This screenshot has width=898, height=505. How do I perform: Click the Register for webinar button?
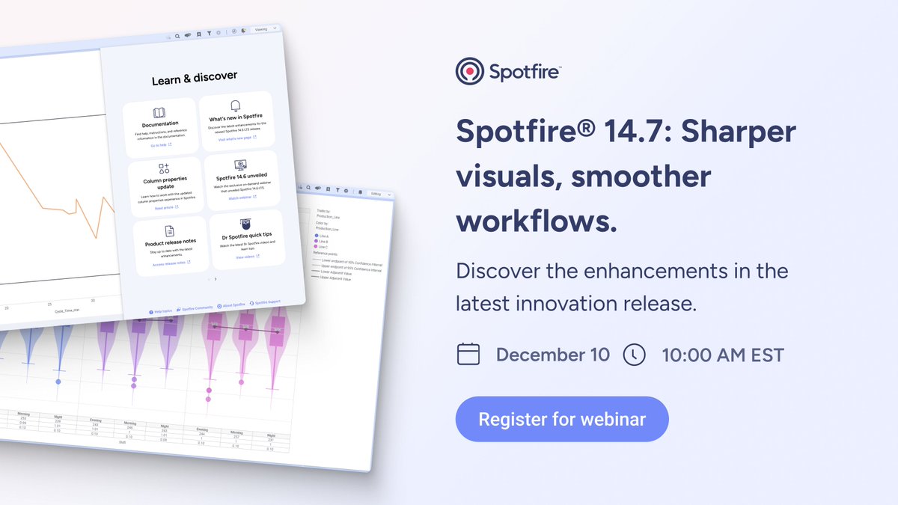coord(562,419)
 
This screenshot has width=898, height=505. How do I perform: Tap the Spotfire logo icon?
coord(469,72)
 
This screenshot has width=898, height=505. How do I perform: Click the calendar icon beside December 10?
coord(468,354)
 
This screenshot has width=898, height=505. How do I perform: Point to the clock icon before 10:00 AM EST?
coord(634,354)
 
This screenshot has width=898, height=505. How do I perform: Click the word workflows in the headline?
coord(537,221)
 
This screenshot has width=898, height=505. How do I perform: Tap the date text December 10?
coord(553,355)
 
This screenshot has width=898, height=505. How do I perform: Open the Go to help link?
coord(159,145)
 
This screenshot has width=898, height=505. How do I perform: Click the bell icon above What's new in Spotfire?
coord(236,105)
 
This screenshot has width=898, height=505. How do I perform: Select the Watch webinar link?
coord(241,198)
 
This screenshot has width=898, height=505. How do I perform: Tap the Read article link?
coord(162,208)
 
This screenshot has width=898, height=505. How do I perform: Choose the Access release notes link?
coord(168,263)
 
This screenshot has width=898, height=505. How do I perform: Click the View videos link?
coord(246,257)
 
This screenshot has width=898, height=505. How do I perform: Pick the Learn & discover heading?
coord(194,77)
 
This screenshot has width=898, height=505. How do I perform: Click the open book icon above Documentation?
coord(159,112)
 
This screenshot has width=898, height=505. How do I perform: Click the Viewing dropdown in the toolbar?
coord(264,29)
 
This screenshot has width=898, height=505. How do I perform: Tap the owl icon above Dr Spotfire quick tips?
coord(245,223)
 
